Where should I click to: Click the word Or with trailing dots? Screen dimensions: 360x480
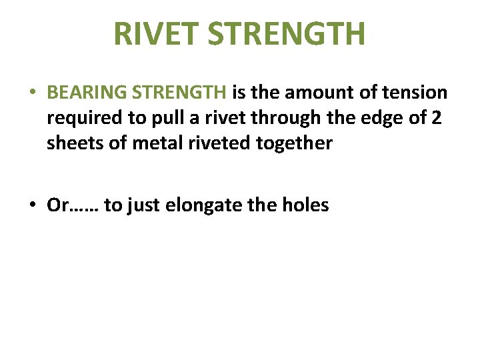73,205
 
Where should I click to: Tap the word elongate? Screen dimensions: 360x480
205,205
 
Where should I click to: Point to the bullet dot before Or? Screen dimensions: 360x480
33,206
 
